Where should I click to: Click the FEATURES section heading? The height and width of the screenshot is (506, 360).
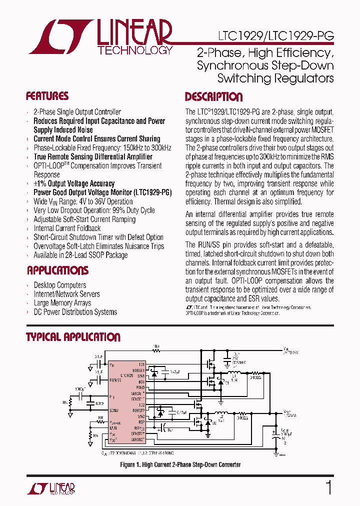coord(47,96)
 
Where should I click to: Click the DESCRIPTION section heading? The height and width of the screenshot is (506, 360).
coord(213,97)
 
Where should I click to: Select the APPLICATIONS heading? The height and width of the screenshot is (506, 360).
coord(57,270)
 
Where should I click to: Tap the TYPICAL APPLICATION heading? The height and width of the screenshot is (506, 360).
coord(73,337)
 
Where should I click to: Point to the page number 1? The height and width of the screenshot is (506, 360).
coord(328,487)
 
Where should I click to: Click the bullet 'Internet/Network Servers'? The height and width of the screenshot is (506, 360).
coord(66,294)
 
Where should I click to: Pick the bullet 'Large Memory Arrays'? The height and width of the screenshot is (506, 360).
coord(62,303)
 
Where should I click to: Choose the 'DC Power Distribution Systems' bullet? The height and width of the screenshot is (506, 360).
coord(75,312)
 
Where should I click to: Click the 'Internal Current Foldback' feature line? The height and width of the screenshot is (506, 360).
coord(67,228)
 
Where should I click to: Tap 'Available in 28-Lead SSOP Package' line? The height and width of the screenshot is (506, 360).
coord(80,255)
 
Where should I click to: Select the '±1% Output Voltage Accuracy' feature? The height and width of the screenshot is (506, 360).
coord(74,183)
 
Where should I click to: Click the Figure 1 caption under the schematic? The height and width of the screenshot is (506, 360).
coord(180,464)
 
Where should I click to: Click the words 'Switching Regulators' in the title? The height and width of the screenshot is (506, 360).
coord(275,78)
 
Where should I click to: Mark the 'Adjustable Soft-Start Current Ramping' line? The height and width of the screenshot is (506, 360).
coord(84,219)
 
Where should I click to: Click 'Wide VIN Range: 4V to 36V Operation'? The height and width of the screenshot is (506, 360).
coord(83,201)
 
